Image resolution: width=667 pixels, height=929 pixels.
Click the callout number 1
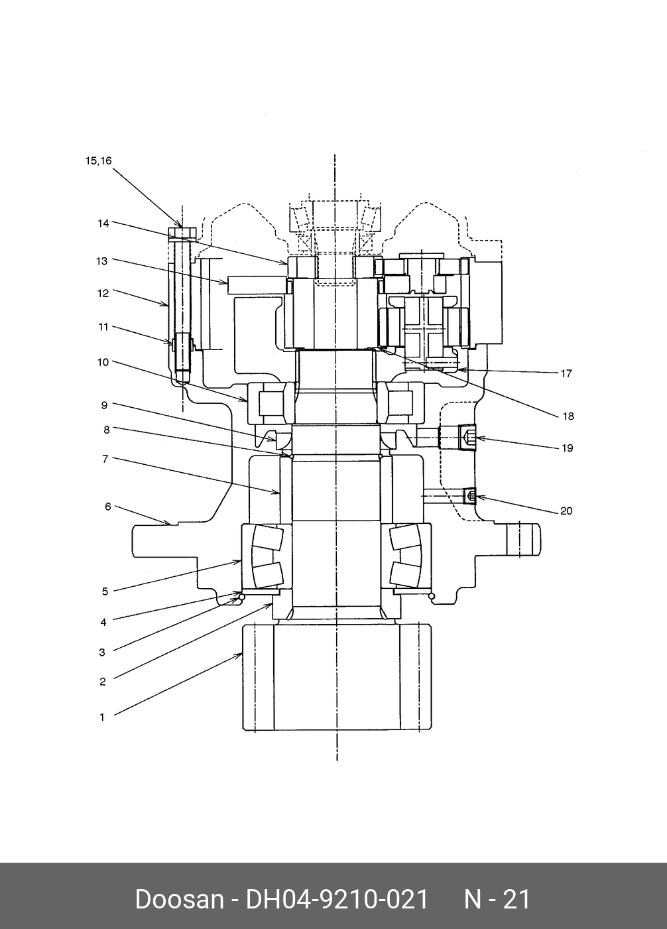tap(102, 717)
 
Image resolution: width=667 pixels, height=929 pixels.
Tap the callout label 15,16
tap(99, 160)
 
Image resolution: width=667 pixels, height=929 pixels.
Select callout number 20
tap(566, 511)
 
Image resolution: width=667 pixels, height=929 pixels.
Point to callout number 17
tap(566, 374)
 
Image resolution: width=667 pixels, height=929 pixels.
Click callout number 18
tap(568, 416)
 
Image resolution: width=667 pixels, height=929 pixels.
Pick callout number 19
tap(567, 448)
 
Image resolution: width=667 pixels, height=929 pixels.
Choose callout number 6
tap(108, 507)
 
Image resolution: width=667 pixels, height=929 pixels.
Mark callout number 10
tap(103, 362)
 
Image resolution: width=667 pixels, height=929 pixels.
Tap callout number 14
tap(103, 223)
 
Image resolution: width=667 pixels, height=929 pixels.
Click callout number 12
tap(103, 293)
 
